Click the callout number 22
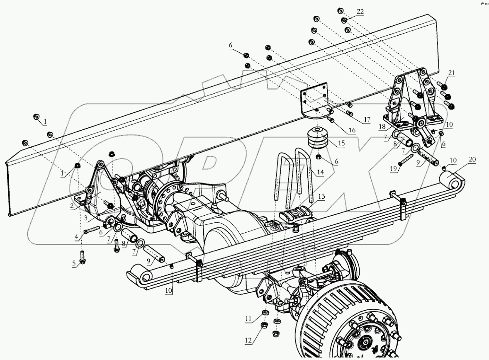pos(360,11)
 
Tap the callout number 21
pos(451,73)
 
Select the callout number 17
pos(367,120)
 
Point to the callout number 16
pos(352,130)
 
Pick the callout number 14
pos(319,171)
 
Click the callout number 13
pos(322,197)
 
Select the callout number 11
pos(248,319)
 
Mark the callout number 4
pos(76,238)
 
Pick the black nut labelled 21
pos(443,87)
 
